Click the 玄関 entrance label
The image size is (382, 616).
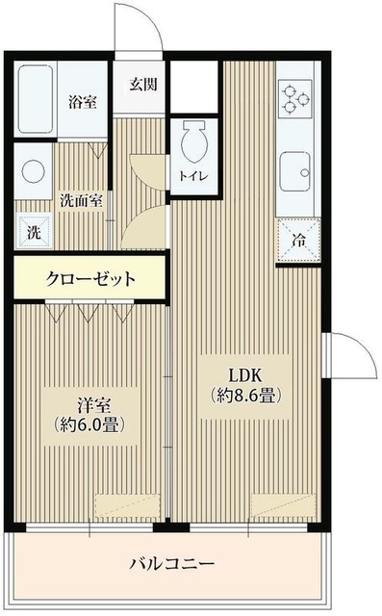143,83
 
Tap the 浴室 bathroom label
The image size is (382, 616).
82,103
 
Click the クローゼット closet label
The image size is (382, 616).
90,280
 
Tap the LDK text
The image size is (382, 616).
245,375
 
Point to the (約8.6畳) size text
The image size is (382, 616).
246,396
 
